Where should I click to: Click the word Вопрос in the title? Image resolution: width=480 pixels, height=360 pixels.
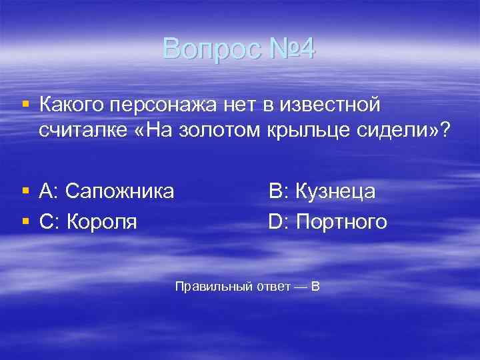point(205,49)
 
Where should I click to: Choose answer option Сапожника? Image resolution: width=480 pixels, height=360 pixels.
point(127,192)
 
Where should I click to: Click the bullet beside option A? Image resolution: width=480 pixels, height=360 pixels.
point(25,192)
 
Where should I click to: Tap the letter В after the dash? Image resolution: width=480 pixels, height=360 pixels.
point(315,287)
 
